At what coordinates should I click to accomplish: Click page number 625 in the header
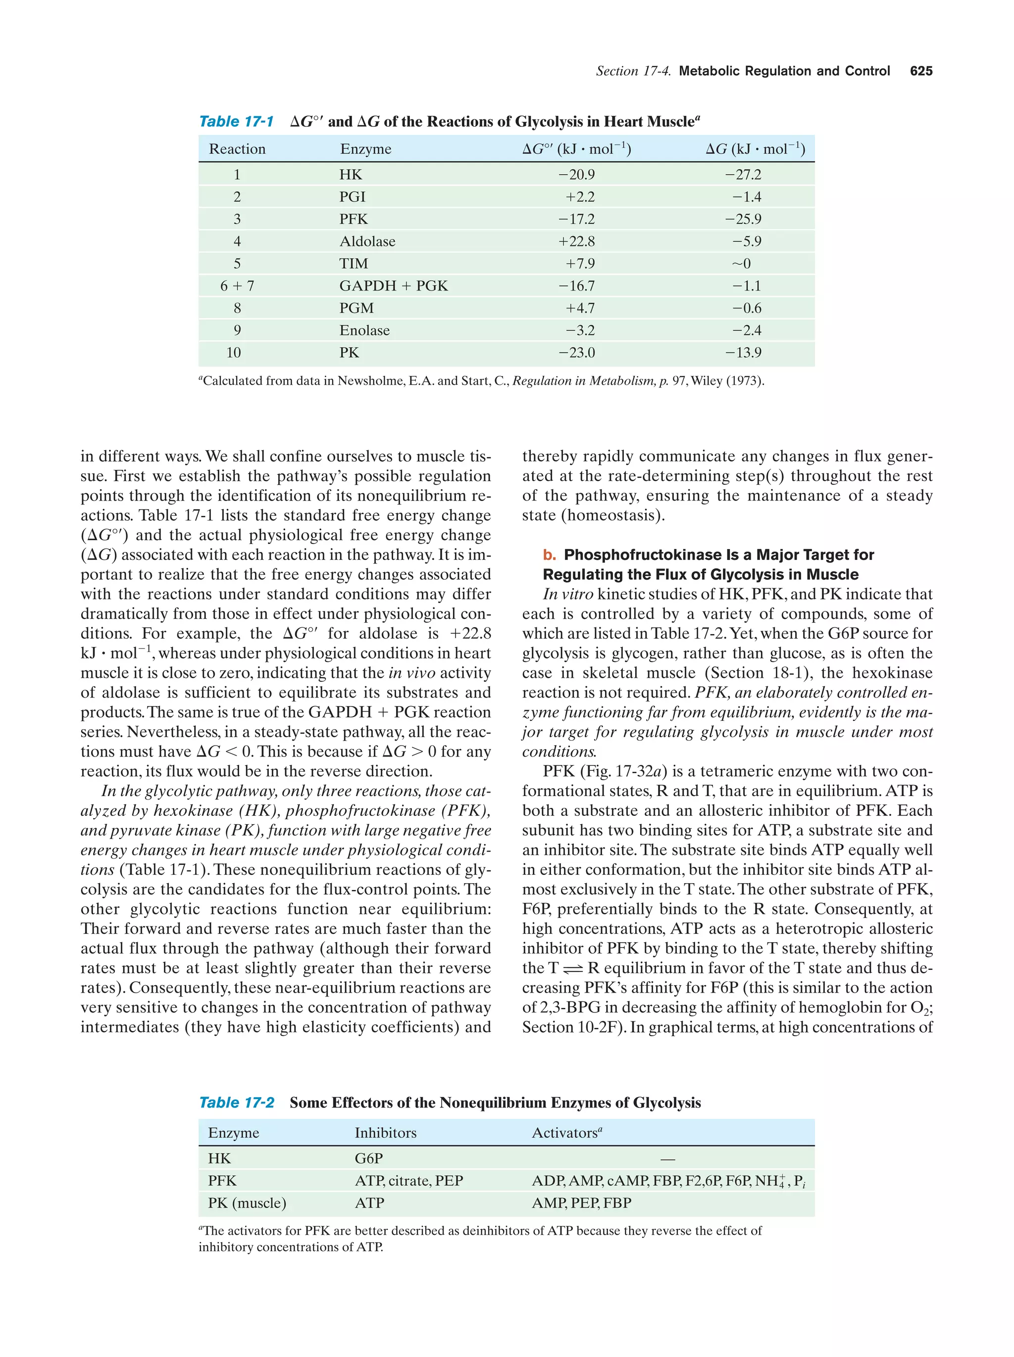(921, 71)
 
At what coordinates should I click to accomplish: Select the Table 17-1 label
(236, 121)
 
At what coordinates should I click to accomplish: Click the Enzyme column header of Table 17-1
(365, 149)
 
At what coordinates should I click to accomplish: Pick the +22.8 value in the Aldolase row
(576, 242)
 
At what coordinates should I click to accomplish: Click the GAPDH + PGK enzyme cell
(394, 286)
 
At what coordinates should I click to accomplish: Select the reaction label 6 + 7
(237, 286)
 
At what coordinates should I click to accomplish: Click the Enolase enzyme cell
(364, 331)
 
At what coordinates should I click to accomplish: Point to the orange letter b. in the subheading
(549, 555)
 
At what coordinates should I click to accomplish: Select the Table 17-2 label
(236, 1103)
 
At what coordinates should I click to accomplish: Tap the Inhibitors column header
(385, 1133)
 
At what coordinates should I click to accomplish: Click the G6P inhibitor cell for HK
(369, 1159)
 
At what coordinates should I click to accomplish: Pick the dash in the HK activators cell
(668, 1159)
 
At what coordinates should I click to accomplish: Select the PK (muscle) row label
(247, 1203)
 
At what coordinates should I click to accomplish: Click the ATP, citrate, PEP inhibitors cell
(408, 1181)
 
